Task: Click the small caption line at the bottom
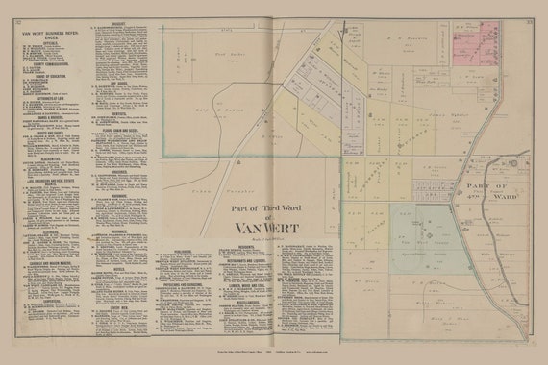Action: [x=274, y=356]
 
